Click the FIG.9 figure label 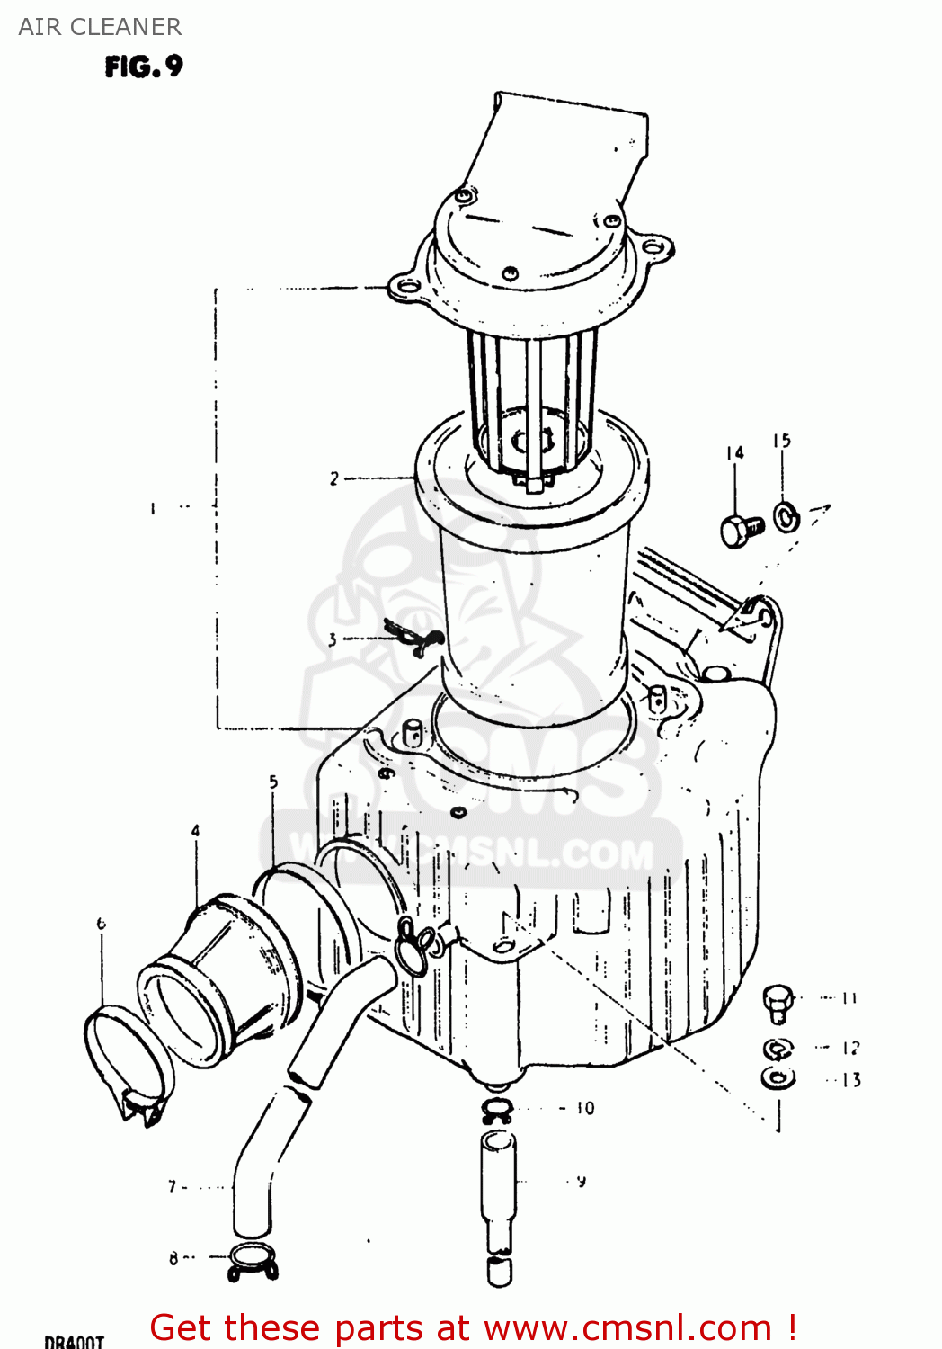click(144, 67)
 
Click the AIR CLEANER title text click(100, 27)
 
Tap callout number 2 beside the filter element click(334, 478)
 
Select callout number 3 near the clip click(333, 639)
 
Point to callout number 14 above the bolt click(735, 452)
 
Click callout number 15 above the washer click(781, 441)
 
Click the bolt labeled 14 click(741, 530)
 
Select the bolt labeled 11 click(778, 1002)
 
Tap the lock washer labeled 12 click(778, 1049)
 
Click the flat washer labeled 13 click(778, 1077)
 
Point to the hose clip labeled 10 click(497, 1110)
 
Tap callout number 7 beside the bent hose click(173, 1186)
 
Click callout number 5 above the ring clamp click(273, 782)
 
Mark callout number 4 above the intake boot click(195, 831)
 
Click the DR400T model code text click(74, 1341)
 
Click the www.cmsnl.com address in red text click(627, 1327)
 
